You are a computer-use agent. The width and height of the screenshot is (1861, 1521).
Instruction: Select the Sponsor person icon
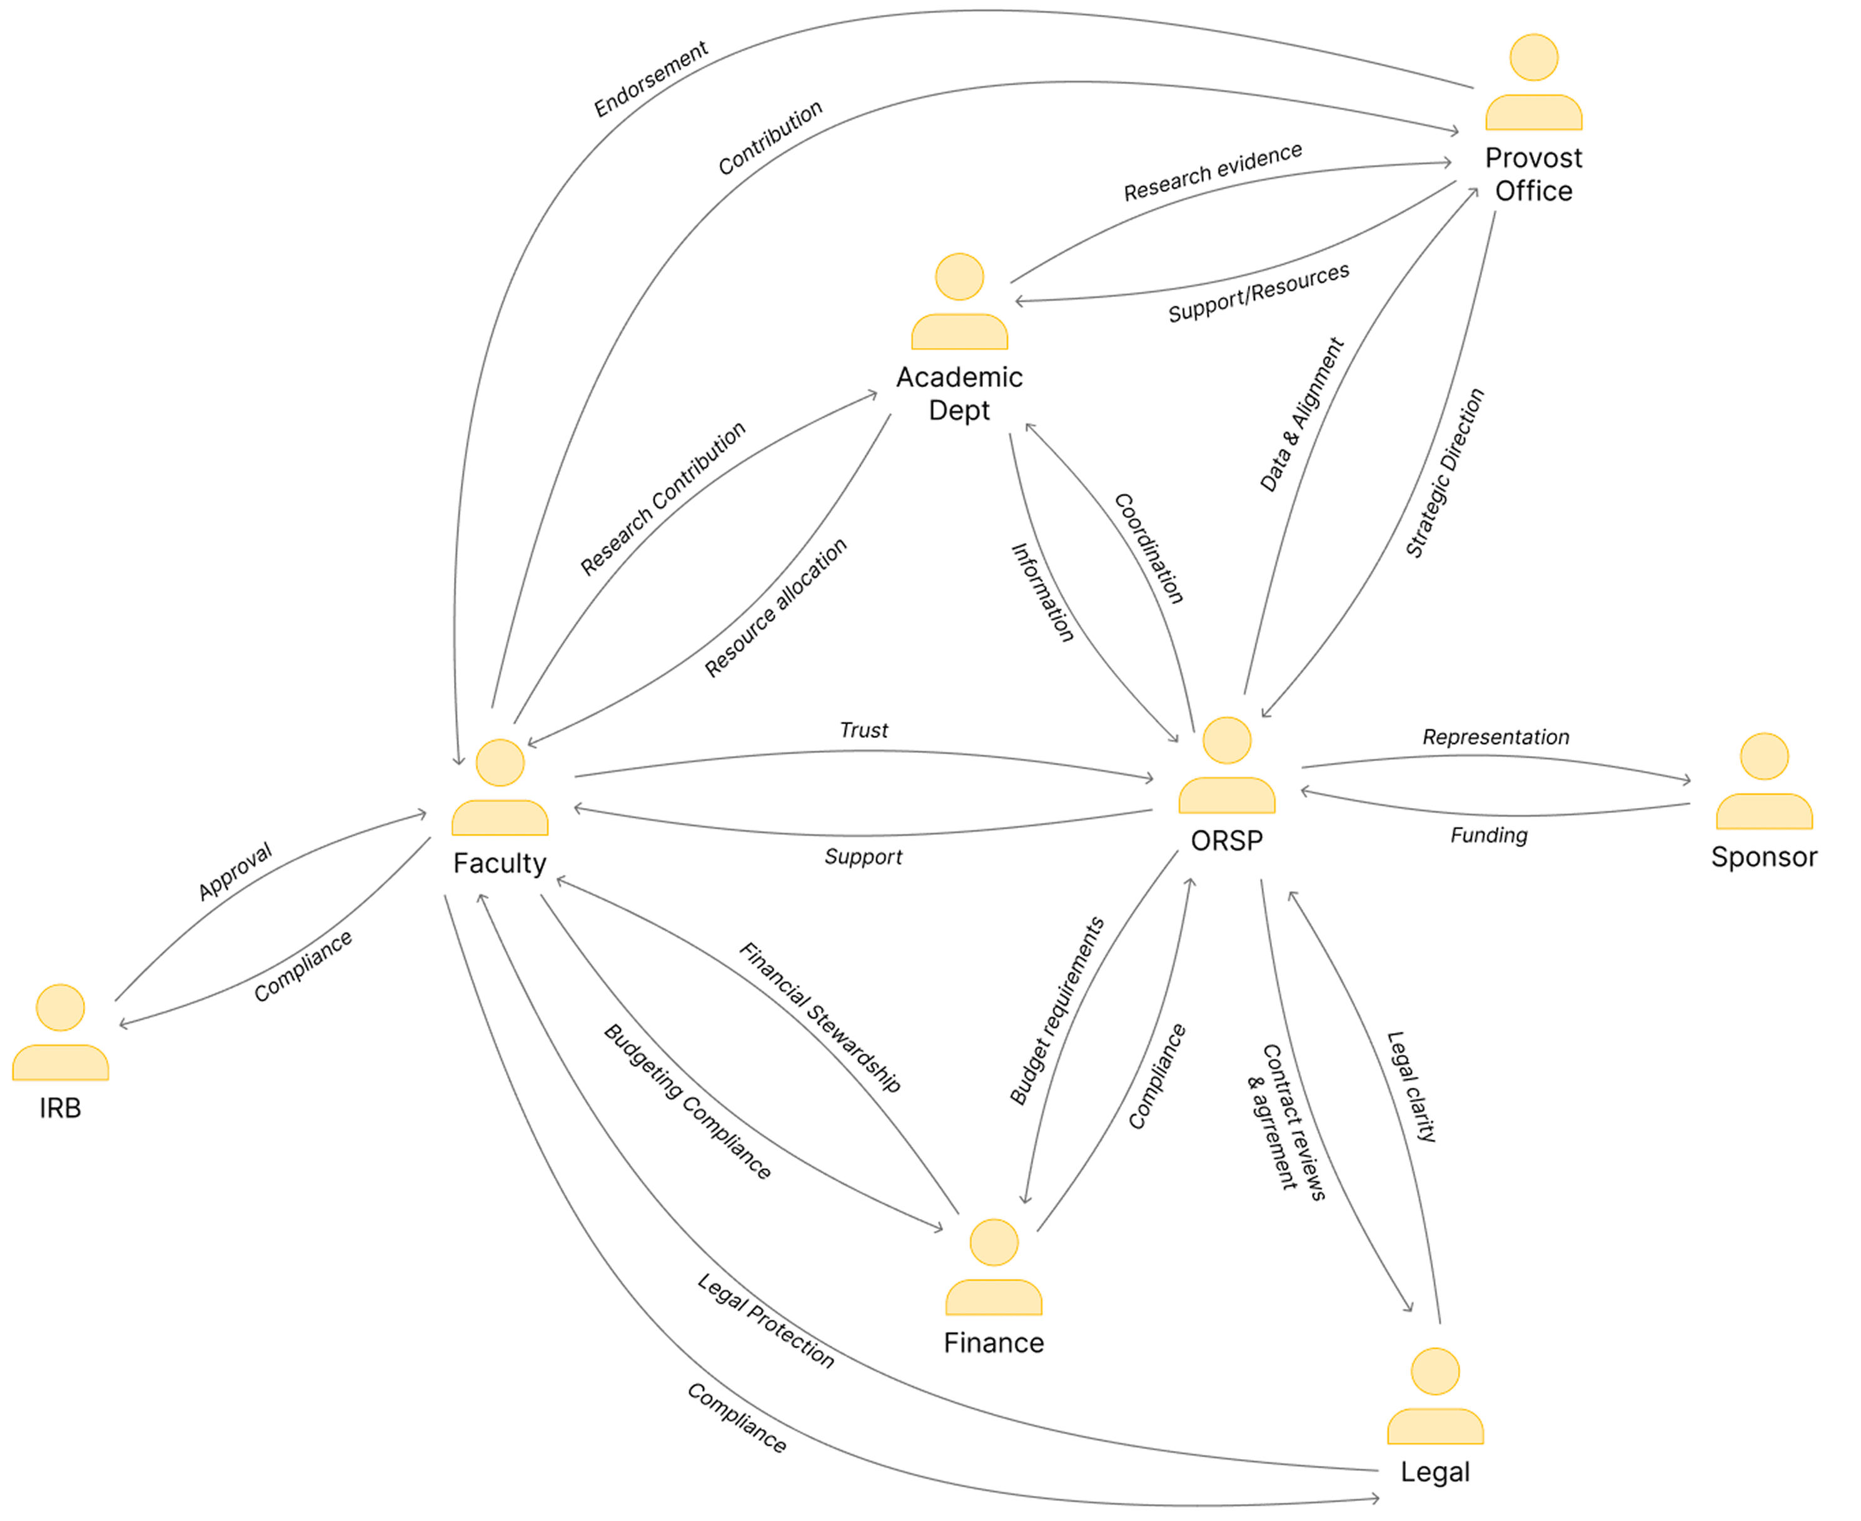[1763, 782]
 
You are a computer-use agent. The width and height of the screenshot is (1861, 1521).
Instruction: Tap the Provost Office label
[1533, 174]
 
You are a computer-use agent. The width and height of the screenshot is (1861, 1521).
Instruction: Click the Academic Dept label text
[959, 393]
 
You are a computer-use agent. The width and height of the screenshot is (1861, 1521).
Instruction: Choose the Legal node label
[1435, 1472]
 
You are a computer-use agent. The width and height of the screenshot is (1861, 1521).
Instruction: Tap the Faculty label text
[500, 863]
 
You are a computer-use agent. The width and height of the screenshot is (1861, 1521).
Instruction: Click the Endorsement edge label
[650, 79]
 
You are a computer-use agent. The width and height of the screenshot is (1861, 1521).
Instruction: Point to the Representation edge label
[1496, 737]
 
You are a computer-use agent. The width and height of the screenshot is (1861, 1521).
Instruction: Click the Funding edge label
[1489, 835]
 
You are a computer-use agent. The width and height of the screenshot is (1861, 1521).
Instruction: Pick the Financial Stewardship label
[819, 1017]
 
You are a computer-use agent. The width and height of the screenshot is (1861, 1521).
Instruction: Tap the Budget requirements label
[1057, 1010]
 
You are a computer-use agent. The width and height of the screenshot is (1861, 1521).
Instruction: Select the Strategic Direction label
[1445, 473]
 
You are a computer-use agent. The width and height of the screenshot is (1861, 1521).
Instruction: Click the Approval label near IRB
[235, 871]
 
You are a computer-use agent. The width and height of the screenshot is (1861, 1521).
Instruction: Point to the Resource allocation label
[775, 607]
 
